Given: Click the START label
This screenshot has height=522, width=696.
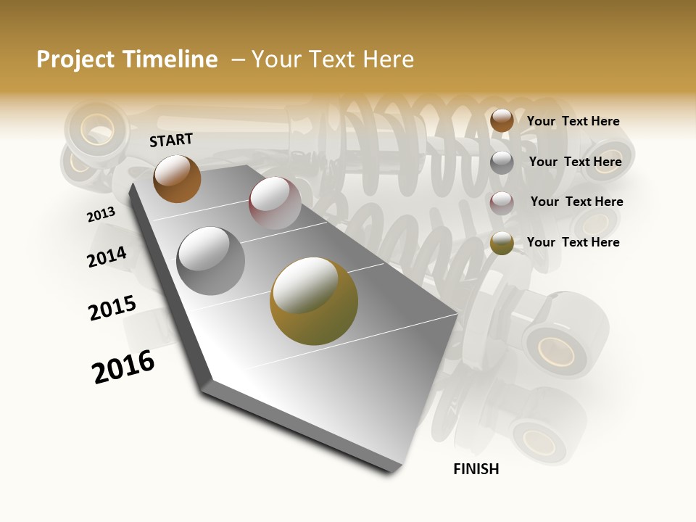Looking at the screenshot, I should pyautogui.click(x=171, y=140).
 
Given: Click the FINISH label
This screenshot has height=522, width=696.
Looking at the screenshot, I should pyautogui.click(x=476, y=469).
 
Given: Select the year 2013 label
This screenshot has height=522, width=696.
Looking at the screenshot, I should pyautogui.click(x=101, y=215).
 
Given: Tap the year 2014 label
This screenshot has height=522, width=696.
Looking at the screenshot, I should pyautogui.click(x=107, y=257).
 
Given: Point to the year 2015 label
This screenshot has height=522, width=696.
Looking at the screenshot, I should pyautogui.click(x=112, y=308).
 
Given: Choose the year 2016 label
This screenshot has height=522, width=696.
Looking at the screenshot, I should pyautogui.click(x=123, y=367).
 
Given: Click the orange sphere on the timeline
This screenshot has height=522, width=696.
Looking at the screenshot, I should pyautogui.click(x=177, y=178).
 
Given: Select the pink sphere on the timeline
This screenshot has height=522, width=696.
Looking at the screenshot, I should pyautogui.click(x=275, y=203).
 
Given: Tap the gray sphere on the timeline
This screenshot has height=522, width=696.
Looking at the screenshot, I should pyautogui.click(x=211, y=261).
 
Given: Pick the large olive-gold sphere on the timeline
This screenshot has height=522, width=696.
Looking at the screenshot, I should pyautogui.click(x=314, y=301).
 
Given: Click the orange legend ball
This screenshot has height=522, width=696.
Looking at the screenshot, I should pyautogui.click(x=502, y=120).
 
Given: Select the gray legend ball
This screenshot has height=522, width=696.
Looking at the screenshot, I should pyautogui.click(x=502, y=162).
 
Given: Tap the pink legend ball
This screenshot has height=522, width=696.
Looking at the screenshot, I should pyautogui.click(x=502, y=202).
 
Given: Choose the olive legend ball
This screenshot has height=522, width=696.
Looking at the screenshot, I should pyautogui.click(x=502, y=243).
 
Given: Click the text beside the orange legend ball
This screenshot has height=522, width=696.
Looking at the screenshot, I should pyautogui.click(x=573, y=121).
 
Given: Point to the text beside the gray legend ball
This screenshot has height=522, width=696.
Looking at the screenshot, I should pyautogui.click(x=575, y=162).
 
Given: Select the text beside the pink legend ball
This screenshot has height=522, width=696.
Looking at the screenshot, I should pyautogui.click(x=576, y=202).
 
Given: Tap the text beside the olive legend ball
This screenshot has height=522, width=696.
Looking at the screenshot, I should pyautogui.click(x=573, y=242).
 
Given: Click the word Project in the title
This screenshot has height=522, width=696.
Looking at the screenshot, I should pyautogui.click(x=76, y=59).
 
